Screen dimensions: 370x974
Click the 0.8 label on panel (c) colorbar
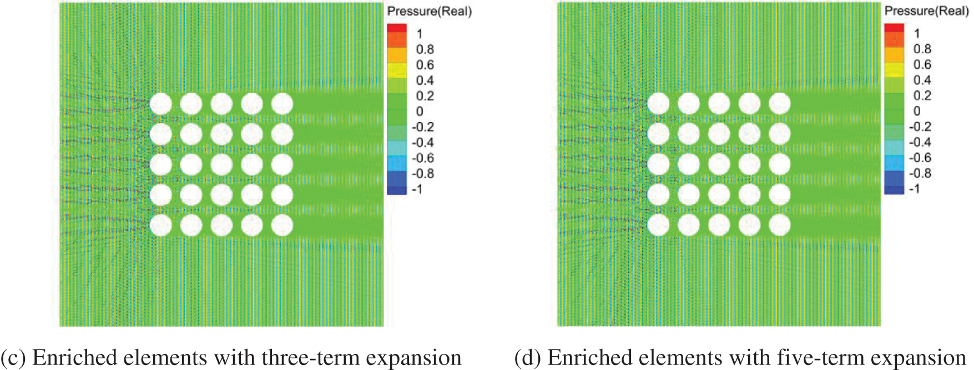pos(425,49)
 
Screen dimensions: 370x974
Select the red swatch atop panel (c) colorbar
pos(396,28)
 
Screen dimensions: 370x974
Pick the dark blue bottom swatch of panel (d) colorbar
pos(894,190)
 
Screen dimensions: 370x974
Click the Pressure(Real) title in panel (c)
pos(429,11)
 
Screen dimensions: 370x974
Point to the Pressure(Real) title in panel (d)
pos(926,11)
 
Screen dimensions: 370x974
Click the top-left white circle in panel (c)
pos(161,104)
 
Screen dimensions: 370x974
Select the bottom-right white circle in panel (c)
pos(282,225)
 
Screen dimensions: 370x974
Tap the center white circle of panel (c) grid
pos(221,165)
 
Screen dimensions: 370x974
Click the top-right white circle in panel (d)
pos(779,104)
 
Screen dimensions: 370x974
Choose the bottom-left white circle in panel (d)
pos(658,225)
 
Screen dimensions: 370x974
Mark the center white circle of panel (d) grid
pos(719,165)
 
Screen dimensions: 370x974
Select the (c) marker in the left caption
pos(13,358)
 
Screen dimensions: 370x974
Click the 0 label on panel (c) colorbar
pos(420,111)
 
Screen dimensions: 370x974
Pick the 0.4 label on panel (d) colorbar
pos(922,80)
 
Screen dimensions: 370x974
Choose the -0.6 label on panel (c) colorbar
pos(422,158)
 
